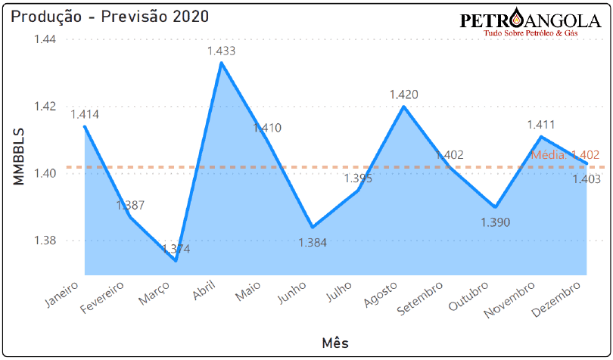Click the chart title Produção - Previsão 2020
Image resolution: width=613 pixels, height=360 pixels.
tap(110, 16)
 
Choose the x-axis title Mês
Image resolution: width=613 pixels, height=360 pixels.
tap(334, 342)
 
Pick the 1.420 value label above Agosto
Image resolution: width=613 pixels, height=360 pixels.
tap(403, 95)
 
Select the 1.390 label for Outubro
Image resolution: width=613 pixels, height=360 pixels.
tap(495, 222)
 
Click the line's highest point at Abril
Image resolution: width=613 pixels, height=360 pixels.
tap(221, 63)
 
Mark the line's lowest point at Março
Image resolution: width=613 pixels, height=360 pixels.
tap(176, 261)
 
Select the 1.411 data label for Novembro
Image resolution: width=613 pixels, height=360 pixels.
tap(541, 125)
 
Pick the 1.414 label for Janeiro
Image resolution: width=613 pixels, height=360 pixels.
tap(85, 114)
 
